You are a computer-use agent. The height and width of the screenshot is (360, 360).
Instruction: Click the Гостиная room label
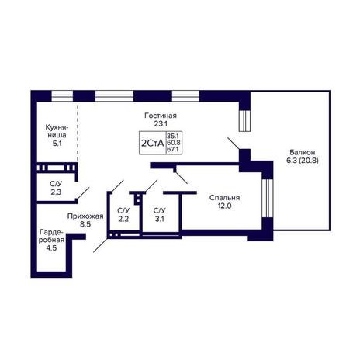(161, 116)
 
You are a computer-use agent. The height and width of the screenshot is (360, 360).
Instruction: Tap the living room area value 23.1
(161, 123)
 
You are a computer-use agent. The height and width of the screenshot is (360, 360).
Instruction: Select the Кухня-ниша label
(57, 131)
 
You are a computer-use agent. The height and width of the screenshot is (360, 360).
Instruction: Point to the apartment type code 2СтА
(153, 143)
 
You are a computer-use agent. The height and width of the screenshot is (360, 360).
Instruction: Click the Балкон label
(302, 152)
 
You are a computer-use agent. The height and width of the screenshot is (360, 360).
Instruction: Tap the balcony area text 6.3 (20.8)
(302, 161)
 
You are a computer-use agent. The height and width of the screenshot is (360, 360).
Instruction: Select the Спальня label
(224, 198)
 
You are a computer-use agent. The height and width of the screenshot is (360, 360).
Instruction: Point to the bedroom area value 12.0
(224, 206)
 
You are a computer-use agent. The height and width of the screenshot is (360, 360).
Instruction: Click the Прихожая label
(85, 216)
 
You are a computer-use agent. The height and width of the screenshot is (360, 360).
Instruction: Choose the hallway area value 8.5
(85, 224)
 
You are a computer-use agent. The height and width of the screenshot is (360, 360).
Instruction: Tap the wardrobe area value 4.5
(51, 248)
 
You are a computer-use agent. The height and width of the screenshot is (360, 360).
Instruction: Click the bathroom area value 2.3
(56, 192)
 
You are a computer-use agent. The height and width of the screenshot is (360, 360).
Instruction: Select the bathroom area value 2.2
(123, 219)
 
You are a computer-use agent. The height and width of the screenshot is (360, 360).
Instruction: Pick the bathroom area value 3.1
(159, 219)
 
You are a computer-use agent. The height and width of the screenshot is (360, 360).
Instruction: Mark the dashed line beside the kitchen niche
(78, 133)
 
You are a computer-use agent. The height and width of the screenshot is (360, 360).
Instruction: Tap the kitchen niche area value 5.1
(57, 143)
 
